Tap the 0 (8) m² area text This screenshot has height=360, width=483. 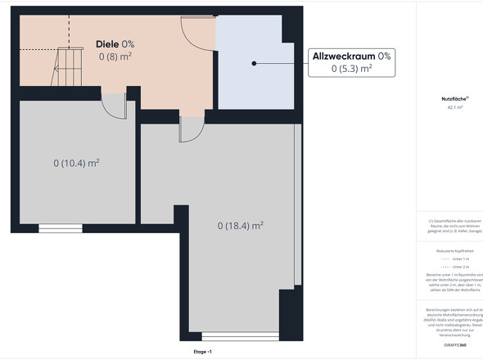(115, 56)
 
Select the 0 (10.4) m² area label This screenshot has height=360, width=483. (76, 163)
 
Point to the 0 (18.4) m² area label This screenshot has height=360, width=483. (240, 225)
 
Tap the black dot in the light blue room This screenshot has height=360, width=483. (255, 63)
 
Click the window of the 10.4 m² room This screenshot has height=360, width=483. (60, 228)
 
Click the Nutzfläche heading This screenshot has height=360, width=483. (454, 100)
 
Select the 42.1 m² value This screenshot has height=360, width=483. (454, 108)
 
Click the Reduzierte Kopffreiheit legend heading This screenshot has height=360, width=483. (454, 251)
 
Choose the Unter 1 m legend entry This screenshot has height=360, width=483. (458, 259)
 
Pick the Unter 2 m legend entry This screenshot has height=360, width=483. (458, 267)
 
